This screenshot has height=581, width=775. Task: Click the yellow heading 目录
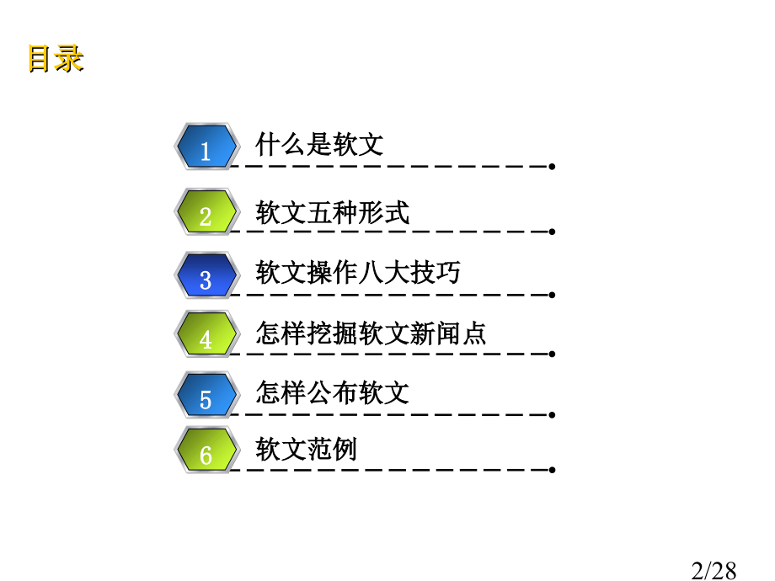coord(56,59)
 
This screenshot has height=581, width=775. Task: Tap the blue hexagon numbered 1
coord(207,147)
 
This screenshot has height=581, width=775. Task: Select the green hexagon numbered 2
coord(207,211)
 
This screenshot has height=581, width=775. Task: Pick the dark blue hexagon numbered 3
coord(207,275)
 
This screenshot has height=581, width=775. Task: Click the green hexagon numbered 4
coord(207,334)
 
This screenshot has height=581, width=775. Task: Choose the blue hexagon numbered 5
coord(207,395)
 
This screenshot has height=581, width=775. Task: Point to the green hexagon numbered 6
coord(207,450)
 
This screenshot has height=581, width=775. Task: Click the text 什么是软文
coord(319,144)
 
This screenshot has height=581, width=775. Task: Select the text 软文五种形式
coord(332,212)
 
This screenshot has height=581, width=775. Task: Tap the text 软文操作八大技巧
coord(358,272)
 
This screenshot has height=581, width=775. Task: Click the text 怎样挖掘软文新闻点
coord(371,333)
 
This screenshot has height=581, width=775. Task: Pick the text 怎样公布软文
coord(332,392)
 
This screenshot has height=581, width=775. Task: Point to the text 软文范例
coord(306,449)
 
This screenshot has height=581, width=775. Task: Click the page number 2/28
coord(714,571)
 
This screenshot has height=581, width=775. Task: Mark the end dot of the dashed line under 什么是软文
coord(552,167)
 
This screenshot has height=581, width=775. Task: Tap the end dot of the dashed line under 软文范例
coord(552,470)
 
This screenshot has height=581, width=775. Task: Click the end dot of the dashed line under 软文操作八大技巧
coord(552,295)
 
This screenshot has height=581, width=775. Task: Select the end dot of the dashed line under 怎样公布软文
coord(552,415)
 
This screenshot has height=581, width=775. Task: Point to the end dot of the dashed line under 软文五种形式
coord(552,232)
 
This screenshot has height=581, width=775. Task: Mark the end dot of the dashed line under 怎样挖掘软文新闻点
coord(552,354)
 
